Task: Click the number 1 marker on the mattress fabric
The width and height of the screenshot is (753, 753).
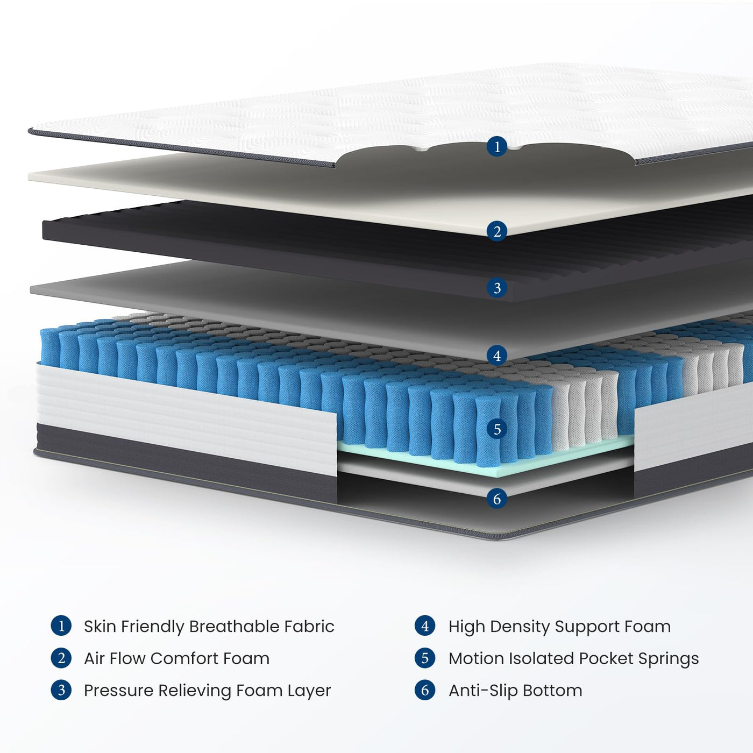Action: (x=497, y=146)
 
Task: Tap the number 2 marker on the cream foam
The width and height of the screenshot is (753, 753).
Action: (x=497, y=231)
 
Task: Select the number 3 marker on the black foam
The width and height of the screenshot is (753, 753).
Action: (x=497, y=288)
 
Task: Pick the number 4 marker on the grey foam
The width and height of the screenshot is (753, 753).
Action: (x=497, y=356)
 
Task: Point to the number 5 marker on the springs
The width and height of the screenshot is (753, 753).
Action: (x=497, y=429)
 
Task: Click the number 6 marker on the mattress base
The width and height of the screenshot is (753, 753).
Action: (x=497, y=499)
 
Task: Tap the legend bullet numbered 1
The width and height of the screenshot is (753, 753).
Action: (x=61, y=626)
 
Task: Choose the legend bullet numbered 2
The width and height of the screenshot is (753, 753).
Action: (x=61, y=658)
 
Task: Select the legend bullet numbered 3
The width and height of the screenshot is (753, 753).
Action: (x=61, y=690)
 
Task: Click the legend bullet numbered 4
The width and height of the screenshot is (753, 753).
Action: (x=425, y=626)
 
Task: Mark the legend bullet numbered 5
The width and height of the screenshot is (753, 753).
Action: (x=425, y=658)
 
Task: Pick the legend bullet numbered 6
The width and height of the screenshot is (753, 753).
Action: (x=425, y=690)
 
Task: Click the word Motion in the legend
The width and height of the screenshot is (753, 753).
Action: (x=475, y=658)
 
